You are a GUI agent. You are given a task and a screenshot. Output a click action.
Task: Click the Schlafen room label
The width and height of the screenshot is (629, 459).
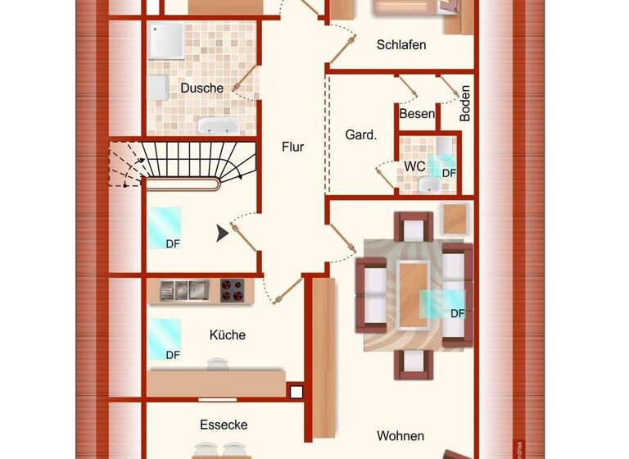point(401,45)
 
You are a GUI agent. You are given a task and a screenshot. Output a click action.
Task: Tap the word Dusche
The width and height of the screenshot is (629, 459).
point(202,88)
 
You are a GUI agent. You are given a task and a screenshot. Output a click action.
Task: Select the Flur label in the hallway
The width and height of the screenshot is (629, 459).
point(292,148)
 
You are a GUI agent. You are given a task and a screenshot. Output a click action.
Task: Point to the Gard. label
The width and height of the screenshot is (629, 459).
point(360,135)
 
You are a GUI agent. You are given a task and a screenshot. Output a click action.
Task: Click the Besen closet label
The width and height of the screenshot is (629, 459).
point(417,114)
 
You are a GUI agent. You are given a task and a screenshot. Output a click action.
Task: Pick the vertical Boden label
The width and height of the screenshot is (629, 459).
point(464,103)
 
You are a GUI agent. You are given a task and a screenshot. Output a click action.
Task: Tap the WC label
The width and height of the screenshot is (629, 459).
point(414,166)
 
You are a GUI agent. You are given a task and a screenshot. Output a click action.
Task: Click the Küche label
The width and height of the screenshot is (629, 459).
point(227,335)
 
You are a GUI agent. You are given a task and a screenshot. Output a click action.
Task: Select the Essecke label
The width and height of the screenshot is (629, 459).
point(224,425)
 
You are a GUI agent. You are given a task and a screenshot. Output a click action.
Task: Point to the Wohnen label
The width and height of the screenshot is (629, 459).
point(400,435)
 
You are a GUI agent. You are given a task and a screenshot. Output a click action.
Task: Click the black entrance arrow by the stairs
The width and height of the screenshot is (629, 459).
point(222,234)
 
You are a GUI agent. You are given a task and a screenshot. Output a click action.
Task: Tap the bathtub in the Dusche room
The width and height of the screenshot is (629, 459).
point(217,126)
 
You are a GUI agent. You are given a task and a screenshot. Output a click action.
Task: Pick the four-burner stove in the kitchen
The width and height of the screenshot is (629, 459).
point(234,290)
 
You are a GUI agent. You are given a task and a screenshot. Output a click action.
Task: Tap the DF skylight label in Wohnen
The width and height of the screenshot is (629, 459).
point(457,313)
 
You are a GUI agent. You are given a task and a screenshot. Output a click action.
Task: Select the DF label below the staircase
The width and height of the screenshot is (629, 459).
point(173,244)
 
